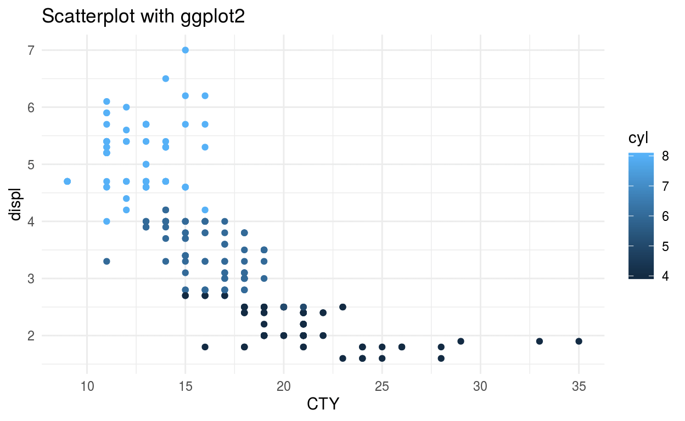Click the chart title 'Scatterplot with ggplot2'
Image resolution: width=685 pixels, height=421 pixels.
point(143,17)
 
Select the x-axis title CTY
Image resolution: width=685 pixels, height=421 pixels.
point(323,405)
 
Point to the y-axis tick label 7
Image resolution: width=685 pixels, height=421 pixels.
point(32,50)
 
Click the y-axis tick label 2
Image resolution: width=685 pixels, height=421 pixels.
point(32,335)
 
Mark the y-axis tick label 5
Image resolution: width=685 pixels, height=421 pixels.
point(32,164)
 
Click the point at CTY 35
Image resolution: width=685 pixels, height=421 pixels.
point(579,341)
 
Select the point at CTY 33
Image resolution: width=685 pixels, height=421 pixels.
point(539,341)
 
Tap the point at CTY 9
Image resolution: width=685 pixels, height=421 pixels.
point(67,181)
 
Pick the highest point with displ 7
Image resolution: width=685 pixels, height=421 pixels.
point(185,50)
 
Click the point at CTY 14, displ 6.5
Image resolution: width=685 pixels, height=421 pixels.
point(165,78)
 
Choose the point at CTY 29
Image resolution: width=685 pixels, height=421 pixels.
point(461,341)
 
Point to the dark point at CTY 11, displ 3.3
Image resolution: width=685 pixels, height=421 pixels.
point(106,261)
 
